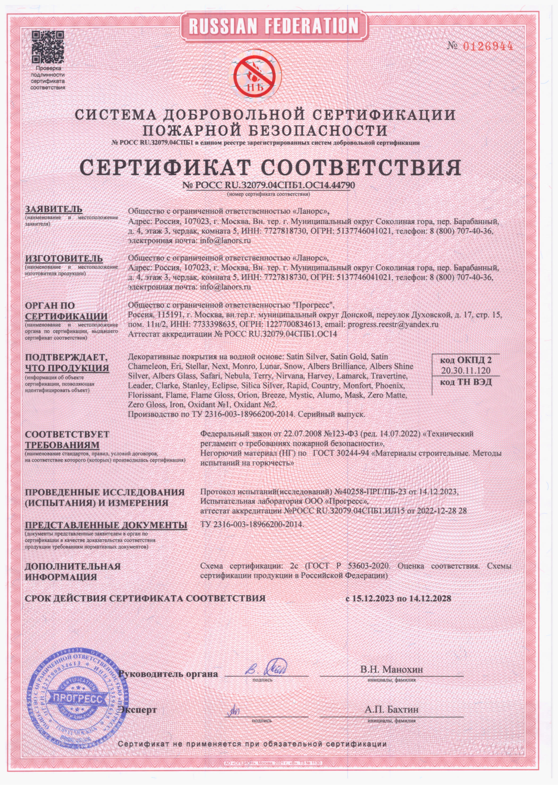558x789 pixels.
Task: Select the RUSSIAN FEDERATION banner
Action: (x=273, y=26)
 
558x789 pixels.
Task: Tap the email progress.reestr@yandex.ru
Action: (x=393, y=324)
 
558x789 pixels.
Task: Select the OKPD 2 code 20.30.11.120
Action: (x=466, y=370)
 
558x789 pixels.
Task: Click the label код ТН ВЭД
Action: (x=466, y=382)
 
